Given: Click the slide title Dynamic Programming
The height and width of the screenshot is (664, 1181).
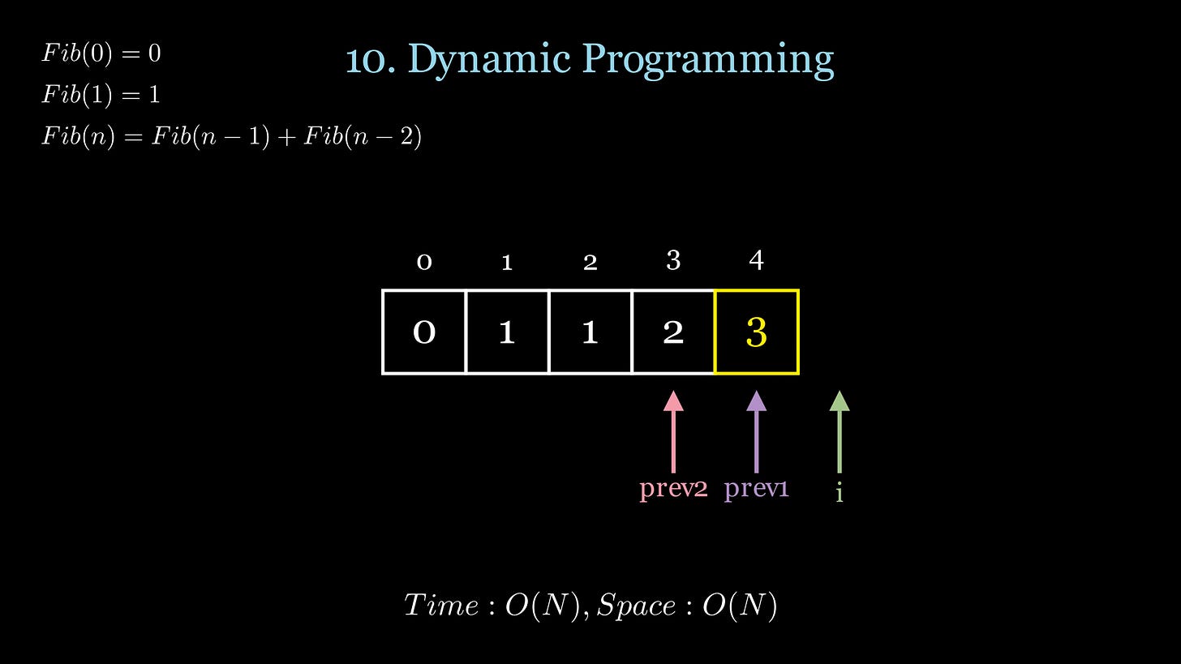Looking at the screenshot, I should point(590,59).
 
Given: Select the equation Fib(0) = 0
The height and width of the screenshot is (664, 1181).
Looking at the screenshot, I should point(101,54).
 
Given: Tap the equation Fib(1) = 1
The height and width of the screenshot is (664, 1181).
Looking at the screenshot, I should point(101,95).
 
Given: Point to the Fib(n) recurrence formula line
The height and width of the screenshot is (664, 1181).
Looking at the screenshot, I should point(231,136).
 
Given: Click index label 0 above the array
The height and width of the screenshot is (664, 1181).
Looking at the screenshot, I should point(424,262).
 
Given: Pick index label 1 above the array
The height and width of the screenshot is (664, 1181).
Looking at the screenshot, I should point(507,262).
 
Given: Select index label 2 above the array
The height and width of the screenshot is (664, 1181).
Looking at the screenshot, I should point(590,262).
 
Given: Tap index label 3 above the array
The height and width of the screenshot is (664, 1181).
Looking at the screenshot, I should point(673,260).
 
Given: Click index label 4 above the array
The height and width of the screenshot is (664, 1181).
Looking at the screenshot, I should point(756,260).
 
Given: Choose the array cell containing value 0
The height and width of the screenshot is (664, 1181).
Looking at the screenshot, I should point(424,332).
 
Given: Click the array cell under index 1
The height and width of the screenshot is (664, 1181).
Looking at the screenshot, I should point(507,332).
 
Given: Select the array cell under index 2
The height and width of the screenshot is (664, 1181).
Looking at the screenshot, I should point(590,332).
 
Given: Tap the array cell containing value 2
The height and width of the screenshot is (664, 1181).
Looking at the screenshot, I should point(673,332).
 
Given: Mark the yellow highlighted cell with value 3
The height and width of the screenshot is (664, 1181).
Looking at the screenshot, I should point(756,332).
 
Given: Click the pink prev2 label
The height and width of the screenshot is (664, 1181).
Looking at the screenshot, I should point(673,489).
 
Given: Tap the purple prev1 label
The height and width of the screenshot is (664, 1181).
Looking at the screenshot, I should point(756,489).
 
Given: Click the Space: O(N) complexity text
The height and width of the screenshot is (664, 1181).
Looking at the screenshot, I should point(687,606).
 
